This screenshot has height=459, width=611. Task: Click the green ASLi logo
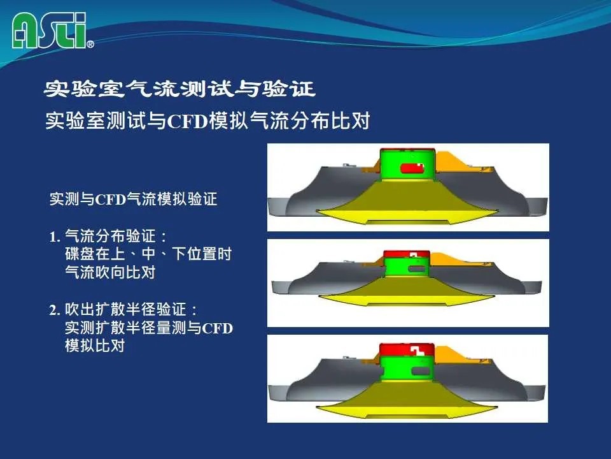[49, 31]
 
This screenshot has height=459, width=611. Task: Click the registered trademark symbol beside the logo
[90, 44]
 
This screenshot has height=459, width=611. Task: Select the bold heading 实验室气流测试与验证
[179, 89]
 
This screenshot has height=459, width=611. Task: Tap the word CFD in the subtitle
[187, 121]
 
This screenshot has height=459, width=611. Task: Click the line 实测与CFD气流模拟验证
[133, 199]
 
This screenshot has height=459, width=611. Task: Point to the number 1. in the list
[55, 237]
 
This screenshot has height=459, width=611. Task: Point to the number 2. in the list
[55, 310]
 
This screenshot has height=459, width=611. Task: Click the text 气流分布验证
[111, 236]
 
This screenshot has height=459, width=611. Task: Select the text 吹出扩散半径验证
[125, 310]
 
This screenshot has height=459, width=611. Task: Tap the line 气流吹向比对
[110, 272]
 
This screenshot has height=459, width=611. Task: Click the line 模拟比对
[95, 346]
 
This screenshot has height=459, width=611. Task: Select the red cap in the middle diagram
[407, 255]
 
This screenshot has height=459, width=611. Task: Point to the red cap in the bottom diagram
[407, 350]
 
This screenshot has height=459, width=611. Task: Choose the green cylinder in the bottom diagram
[407, 368]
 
